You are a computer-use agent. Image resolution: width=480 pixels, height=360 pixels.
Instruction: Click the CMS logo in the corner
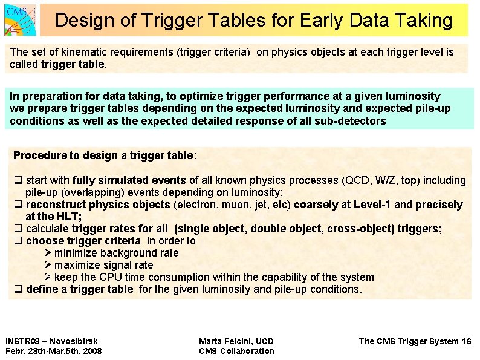pos(19,19)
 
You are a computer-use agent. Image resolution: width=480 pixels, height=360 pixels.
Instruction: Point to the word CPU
pos(110,277)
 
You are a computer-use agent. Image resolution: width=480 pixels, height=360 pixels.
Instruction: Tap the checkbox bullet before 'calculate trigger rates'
pos(18,229)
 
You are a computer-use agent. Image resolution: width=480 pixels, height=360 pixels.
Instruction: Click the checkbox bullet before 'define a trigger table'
pos(18,289)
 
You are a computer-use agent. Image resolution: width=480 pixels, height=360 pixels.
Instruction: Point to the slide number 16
pos(465,341)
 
